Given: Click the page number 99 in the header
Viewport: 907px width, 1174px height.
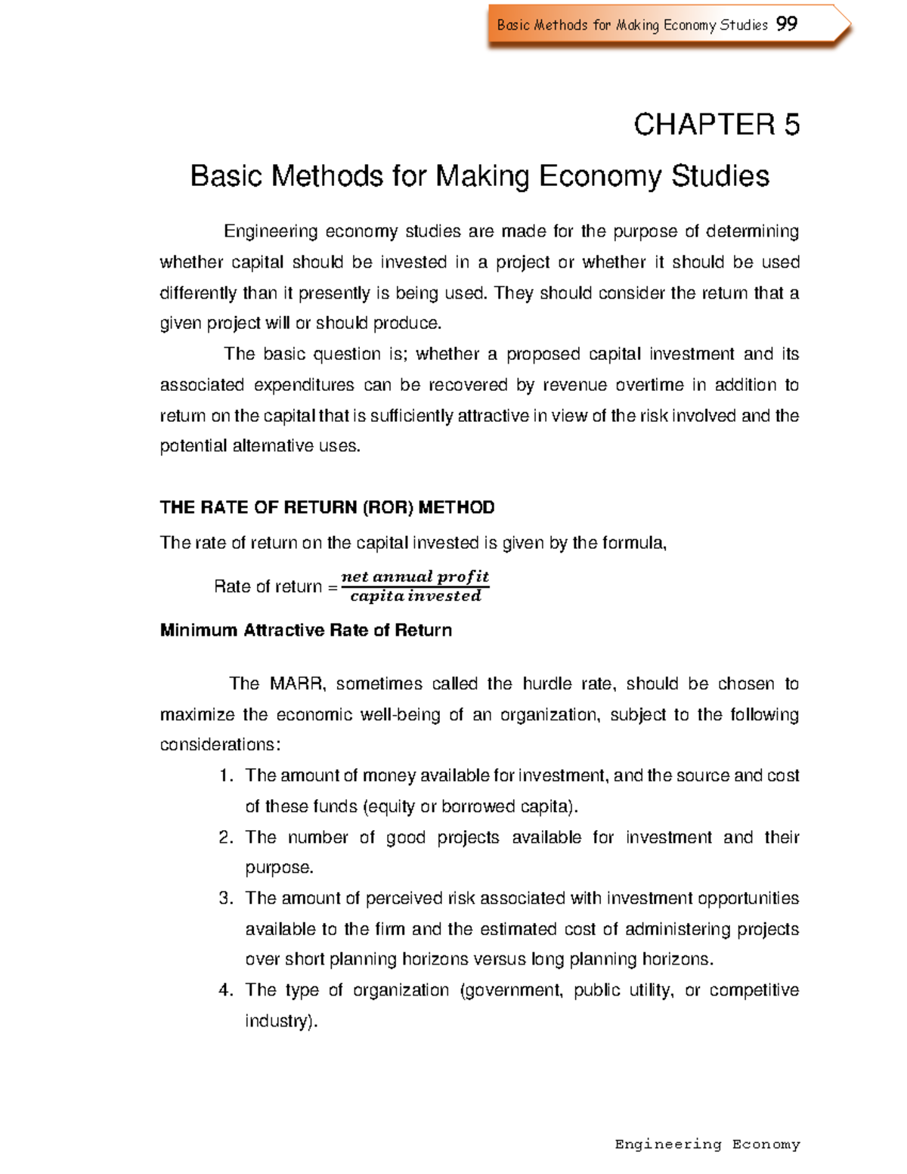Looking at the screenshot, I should click(x=786, y=24).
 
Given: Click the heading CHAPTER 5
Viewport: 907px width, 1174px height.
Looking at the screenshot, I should click(x=716, y=125).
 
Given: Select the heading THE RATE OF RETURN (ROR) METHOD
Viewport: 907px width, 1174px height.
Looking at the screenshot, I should click(x=327, y=507).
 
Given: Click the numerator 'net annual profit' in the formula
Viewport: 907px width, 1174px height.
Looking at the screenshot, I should click(x=415, y=577).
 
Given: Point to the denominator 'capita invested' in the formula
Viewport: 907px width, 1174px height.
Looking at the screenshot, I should click(x=415, y=596).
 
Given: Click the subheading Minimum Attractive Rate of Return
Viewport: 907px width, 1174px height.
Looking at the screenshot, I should click(x=306, y=630).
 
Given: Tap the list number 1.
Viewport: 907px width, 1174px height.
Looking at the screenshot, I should click(x=224, y=776).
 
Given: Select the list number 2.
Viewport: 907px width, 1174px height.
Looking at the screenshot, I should click(x=224, y=837).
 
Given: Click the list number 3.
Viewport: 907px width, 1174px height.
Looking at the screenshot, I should click(x=224, y=898).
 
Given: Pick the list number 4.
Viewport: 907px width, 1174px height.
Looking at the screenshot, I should click(x=224, y=990).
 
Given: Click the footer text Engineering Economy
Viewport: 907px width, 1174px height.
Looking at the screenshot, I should click(x=707, y=1144).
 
